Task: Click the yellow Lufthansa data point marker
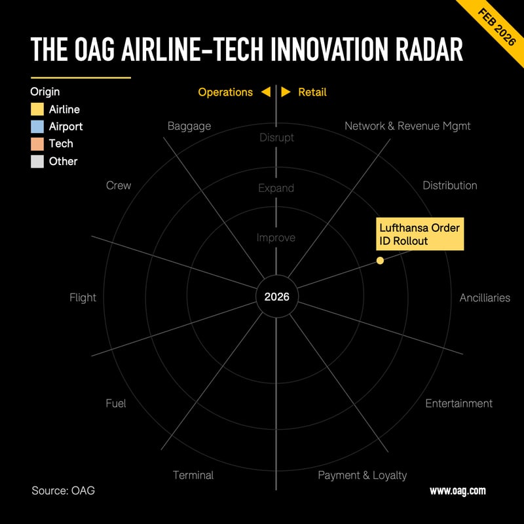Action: pyautogui.click(x=380, y=261)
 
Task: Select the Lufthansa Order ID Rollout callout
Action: pyautogui.click(x=420, y=234)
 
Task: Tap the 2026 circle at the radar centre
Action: pyautogui.click(x=276, y=297)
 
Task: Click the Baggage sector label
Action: pyautogui.click(x=189, y=126)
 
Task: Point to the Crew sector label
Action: pyautogui.click(x=119, y=185)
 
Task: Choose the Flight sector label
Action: pyautogui.click(x=83, y=297)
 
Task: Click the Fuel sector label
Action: pyautogui.click(x=115, y=403)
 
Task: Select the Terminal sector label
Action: pyautogui.click(x=193, y=475)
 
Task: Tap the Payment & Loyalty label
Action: pyautogui.click(x=362, y=475)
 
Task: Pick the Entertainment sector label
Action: pyautogui.click(x=458, y=403)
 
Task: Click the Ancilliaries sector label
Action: pyautogui.click(x=485, y=297)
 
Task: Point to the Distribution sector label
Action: pyautogui.click(x=450, y=185)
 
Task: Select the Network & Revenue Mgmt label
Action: pyautogui.click(x=407, y=126)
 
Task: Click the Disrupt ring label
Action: pyautogui.click(x=276, y=138)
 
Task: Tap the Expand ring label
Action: pyautogui.click(x=276, y=188)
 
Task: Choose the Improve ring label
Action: pyautogui.click(x=276, y=238)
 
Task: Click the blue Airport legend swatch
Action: pyautogui.click(x=37, y=126)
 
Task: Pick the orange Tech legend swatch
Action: pyautogui.click(x=37, y=143)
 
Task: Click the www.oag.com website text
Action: pyautogui.click(x=457, y=491)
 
